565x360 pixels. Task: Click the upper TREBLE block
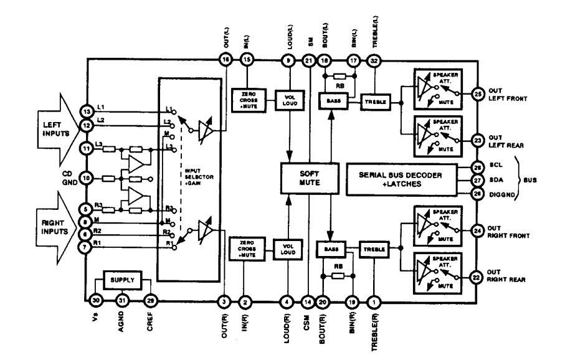[374, 100]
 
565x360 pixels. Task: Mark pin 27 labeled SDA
[477, 181]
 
